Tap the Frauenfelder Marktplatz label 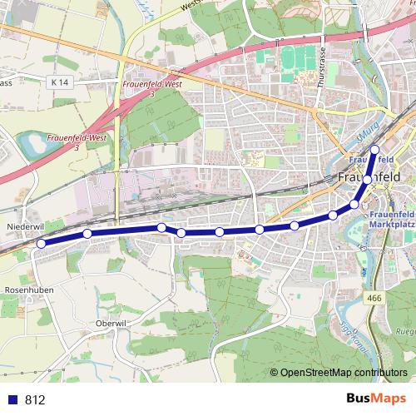click(391, 219)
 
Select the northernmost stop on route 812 click(374, 150)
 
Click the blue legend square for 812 click(12, 399)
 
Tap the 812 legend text click(35, 399)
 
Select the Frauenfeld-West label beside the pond click(77, 141)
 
